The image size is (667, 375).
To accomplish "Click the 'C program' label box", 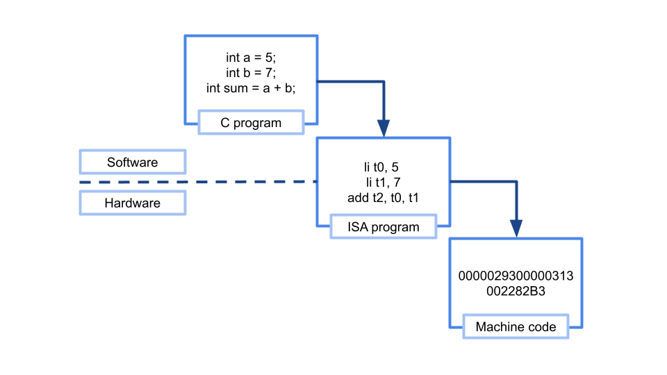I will (251, 123).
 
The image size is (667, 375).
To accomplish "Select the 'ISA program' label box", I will (383, 227).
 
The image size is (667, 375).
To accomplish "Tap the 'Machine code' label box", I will (516, 326).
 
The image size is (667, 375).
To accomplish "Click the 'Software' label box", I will (132, 162).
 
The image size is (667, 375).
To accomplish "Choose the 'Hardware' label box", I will (132, 203).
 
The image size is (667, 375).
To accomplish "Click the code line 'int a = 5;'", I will (251, 58).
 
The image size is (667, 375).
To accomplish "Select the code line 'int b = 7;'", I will (251, 72).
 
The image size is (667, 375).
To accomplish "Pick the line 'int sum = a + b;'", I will (251, 87).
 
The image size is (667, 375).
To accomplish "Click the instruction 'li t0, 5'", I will (383, 167).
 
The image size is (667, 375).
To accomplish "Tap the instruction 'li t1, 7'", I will (383, 183).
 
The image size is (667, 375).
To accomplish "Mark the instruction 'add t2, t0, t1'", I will (383, 198).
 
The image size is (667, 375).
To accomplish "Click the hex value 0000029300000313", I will (516, 276).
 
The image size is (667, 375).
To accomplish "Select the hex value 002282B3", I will (516, 291).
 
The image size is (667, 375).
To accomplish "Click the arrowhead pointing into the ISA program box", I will (384, 128).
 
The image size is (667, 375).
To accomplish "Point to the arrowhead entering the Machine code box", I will (516, 228).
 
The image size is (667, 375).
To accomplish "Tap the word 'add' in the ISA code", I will (357, 198).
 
